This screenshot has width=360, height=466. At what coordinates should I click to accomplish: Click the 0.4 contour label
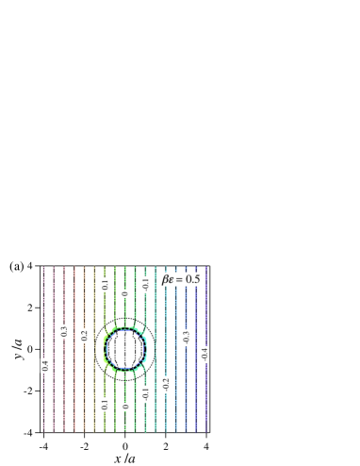tap(45, 365)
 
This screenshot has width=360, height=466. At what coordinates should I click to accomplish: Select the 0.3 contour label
tap(64, 331)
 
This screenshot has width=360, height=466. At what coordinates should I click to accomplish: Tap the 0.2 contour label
tap(84, 335)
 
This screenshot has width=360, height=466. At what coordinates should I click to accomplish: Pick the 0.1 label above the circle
tap(105, 284)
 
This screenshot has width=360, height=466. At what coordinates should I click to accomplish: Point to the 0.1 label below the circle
tap(105, 404)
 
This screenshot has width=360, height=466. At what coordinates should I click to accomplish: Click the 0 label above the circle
tap(125, 294)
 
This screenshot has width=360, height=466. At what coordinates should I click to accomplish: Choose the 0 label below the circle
tap(125, 407)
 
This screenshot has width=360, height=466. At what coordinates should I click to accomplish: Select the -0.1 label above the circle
tap(146, 284)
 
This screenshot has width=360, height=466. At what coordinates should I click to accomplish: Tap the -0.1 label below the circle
tap(146, 393)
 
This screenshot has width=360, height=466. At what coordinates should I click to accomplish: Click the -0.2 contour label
tap(166, 384)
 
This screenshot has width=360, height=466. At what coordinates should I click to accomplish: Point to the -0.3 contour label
tap(186, 338)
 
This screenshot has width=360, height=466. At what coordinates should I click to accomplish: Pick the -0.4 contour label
tap(205, 355)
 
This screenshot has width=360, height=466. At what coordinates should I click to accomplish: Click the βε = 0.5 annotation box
tap(180, 279)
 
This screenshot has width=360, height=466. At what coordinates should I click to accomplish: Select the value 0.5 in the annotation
tap(191, 279)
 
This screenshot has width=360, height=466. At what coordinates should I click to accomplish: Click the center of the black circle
tap(125, 348)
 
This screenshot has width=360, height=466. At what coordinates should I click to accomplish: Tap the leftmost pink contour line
tap(43, 311)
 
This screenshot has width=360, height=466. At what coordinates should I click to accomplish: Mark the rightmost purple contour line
tap(206, 311)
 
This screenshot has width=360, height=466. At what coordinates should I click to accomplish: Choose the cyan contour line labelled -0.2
tap(166, 321)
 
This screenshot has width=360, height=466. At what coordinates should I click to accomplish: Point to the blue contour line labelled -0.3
tap(186, 302)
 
